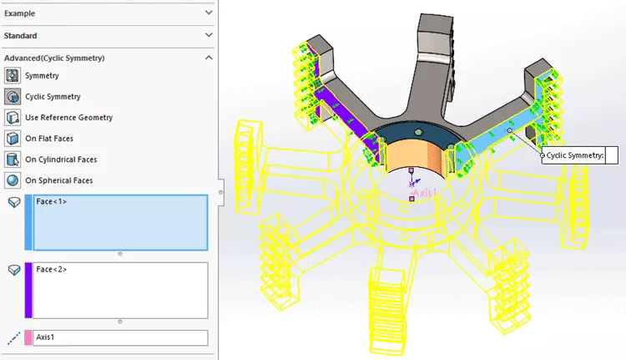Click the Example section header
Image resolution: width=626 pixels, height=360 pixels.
tap(20, 13)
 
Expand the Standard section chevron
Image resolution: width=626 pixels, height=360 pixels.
tap(208, 36)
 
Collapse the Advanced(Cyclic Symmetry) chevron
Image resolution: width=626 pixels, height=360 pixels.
tap(208, 58)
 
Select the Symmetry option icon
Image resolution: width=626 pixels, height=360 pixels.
tap(13, 76)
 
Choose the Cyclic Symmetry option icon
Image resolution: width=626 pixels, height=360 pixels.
tap(13, 97)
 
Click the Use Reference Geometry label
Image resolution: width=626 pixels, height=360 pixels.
tap(69, 118)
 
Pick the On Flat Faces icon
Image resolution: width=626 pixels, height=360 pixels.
tap(13, 139)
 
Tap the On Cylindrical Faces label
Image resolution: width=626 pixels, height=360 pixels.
tap(61, 160)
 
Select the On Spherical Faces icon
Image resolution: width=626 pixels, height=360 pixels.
tap(13, 180)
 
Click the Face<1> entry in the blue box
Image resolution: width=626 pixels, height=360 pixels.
tap(52, 202)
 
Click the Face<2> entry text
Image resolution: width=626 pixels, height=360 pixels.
tap(52, 270)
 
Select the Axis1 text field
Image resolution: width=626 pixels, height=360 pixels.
tap(119, 337)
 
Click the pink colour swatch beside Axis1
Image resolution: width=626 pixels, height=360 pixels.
tap(28, 337)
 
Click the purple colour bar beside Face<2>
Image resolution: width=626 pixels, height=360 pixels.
tap(28, 290)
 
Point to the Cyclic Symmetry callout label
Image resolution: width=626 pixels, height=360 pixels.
tap(574, 155)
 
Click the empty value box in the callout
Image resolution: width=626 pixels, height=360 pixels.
tap(610, 155)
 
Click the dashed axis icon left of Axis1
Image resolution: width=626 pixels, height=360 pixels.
tap(13, 337)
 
